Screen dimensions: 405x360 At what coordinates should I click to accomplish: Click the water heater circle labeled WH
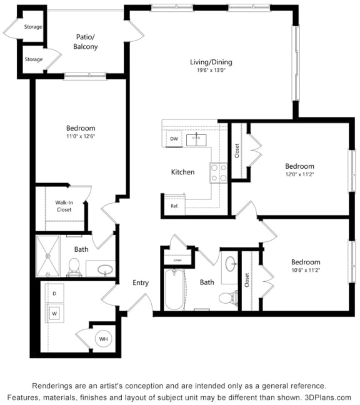click(x=103, y=339)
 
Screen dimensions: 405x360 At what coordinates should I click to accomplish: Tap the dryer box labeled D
click(x=54, y=293)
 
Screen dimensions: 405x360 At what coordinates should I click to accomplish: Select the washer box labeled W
click(x=54, y=312)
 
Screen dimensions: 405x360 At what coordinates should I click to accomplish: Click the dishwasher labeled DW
click(x=174, y=139)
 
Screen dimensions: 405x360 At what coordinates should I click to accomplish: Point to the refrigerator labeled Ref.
click(x=174, y=206)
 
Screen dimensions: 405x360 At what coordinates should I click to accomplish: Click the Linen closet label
click(x=177, y=259)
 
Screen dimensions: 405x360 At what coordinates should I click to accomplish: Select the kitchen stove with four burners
click(x=218, y=172)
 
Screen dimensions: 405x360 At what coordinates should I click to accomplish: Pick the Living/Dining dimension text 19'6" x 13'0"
click(x=211, y=71)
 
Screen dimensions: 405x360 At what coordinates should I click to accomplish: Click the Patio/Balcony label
click(x=86, y=42)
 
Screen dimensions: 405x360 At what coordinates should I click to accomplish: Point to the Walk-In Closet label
click(x=64, y=206)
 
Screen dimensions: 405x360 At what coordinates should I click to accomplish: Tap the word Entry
click(x=141, y=283)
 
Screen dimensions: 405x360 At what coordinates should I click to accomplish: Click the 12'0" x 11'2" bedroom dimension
click(x=299, y=175)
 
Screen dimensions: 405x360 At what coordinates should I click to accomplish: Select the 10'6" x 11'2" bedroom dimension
click(x=306, y=271)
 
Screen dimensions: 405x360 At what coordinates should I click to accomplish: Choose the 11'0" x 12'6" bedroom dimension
click(x=81, y=137)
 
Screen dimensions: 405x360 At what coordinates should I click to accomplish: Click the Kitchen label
click(x=183, y=172)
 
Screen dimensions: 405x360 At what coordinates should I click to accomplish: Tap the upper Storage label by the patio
click(x=33, y=27)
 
